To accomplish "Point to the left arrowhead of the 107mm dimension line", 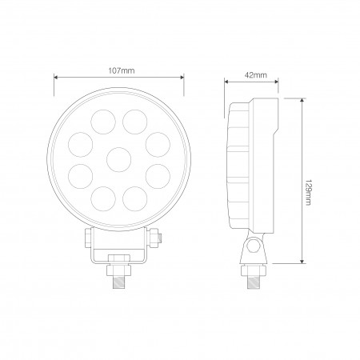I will tap(56, 78).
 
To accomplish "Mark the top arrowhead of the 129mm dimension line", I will tap(302, 100).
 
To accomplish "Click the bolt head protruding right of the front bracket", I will tap(160, 238).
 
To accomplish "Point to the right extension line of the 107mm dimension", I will tap(183, 88).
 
